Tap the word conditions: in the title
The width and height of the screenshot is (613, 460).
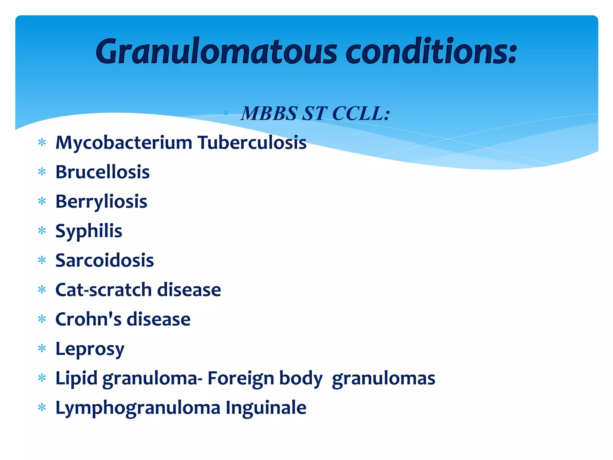coord(431,52)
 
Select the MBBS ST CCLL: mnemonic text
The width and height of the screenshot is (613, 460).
coord(315,114)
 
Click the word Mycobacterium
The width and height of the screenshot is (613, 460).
coord(124,143)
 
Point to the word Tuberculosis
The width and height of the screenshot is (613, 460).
coord(252,143)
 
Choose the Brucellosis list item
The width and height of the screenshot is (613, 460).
coord(102,172)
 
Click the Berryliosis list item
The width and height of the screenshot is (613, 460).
coord(101,202)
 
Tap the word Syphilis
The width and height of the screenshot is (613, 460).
coord(89,231)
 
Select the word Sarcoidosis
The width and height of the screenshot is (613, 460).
coord(104,260)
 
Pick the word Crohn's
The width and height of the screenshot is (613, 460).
coord(88,319)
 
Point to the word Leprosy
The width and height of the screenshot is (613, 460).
coord(90,349)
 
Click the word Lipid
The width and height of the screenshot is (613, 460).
coord(76,378)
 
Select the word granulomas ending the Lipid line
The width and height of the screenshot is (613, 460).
coord(383,378)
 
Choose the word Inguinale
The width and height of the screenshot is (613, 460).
coord(266,407)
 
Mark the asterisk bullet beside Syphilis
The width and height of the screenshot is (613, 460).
coord(42,231)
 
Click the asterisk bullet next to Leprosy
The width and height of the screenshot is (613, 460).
coord(42,349)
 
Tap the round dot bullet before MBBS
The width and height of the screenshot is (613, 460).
coord(226,113)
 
